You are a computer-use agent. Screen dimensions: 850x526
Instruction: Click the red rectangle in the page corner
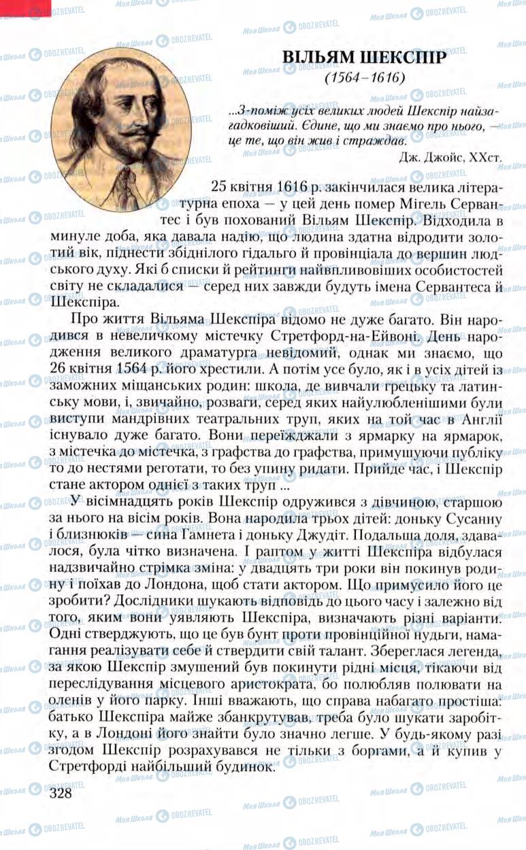coord(25,7)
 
